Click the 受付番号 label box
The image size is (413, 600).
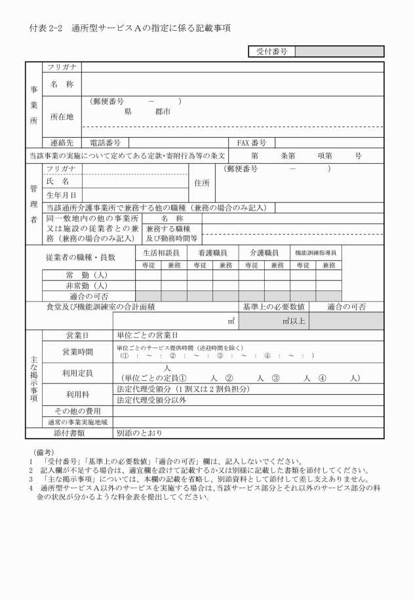[271, 50]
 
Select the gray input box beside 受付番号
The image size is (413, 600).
[340, 50]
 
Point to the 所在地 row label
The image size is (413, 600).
[62, 116]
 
